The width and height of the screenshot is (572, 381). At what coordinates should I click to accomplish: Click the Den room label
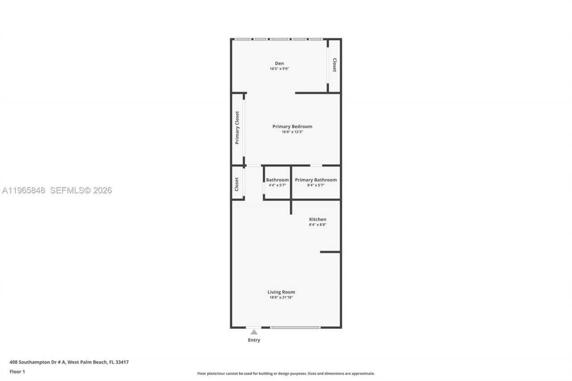279,63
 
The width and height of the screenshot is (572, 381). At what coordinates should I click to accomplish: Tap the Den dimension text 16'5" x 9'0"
279,69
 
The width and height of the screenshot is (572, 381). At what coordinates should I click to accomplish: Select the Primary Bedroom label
292,126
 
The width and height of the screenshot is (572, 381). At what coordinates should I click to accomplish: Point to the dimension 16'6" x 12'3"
292,132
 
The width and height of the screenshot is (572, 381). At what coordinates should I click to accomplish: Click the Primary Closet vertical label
237,128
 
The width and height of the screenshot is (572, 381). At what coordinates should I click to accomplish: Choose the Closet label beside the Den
334,65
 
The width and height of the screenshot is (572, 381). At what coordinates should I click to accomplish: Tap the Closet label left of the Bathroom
237,184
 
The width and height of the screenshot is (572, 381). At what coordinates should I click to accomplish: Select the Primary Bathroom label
315,180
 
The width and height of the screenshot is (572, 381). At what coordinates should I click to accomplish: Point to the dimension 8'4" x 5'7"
315,185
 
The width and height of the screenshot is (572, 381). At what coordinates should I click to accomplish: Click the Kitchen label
318,219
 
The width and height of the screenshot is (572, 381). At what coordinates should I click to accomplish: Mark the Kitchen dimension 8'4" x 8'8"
318,225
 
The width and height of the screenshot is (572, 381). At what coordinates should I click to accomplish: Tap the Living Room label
281,292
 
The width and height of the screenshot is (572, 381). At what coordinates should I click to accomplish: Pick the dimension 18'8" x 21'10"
281,297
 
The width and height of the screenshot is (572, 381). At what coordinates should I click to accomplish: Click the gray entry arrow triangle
254,332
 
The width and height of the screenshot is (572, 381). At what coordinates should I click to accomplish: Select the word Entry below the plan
254,340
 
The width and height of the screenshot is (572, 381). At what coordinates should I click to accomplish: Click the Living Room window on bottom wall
295,327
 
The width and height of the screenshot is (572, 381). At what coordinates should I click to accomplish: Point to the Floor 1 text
17,372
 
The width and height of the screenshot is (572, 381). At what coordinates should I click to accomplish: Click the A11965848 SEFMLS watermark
57,191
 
